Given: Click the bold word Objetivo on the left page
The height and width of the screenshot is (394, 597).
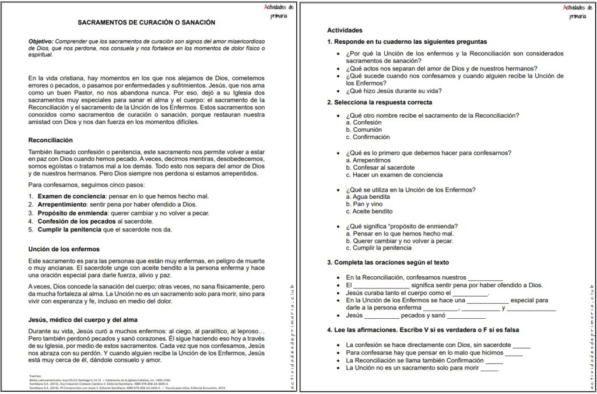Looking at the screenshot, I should (42, 43).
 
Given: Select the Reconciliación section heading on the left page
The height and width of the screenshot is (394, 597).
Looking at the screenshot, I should (51, 140).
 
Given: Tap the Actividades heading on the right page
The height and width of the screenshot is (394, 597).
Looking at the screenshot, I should (345, 30).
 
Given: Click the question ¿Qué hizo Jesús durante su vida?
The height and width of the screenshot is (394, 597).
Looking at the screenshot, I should (394, 90).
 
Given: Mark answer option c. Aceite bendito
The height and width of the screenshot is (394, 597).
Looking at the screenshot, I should (369, 211).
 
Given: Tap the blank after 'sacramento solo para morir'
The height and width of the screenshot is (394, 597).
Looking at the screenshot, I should (489, 368).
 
